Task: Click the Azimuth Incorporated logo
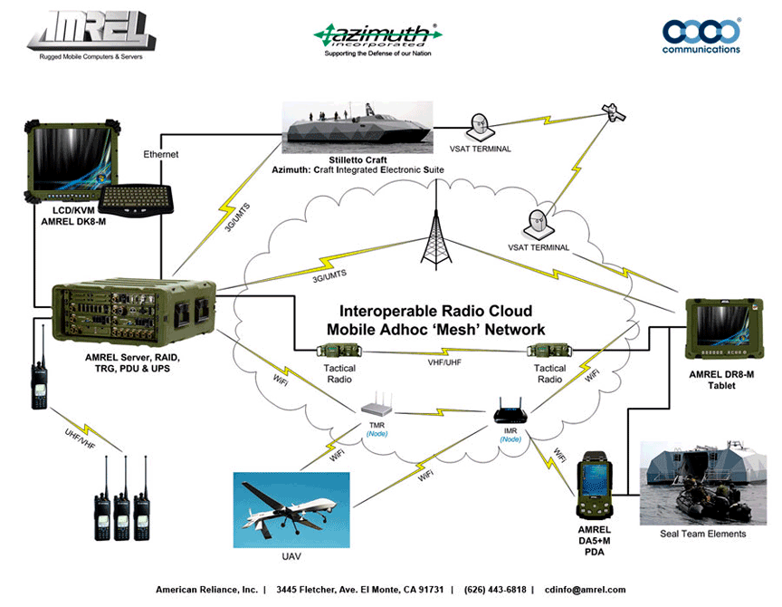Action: click(378, 34)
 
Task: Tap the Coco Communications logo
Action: click(701, 34)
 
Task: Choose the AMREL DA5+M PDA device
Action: click(594, 489)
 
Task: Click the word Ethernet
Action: click(160, 155)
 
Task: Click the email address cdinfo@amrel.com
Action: click(586, 590)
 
